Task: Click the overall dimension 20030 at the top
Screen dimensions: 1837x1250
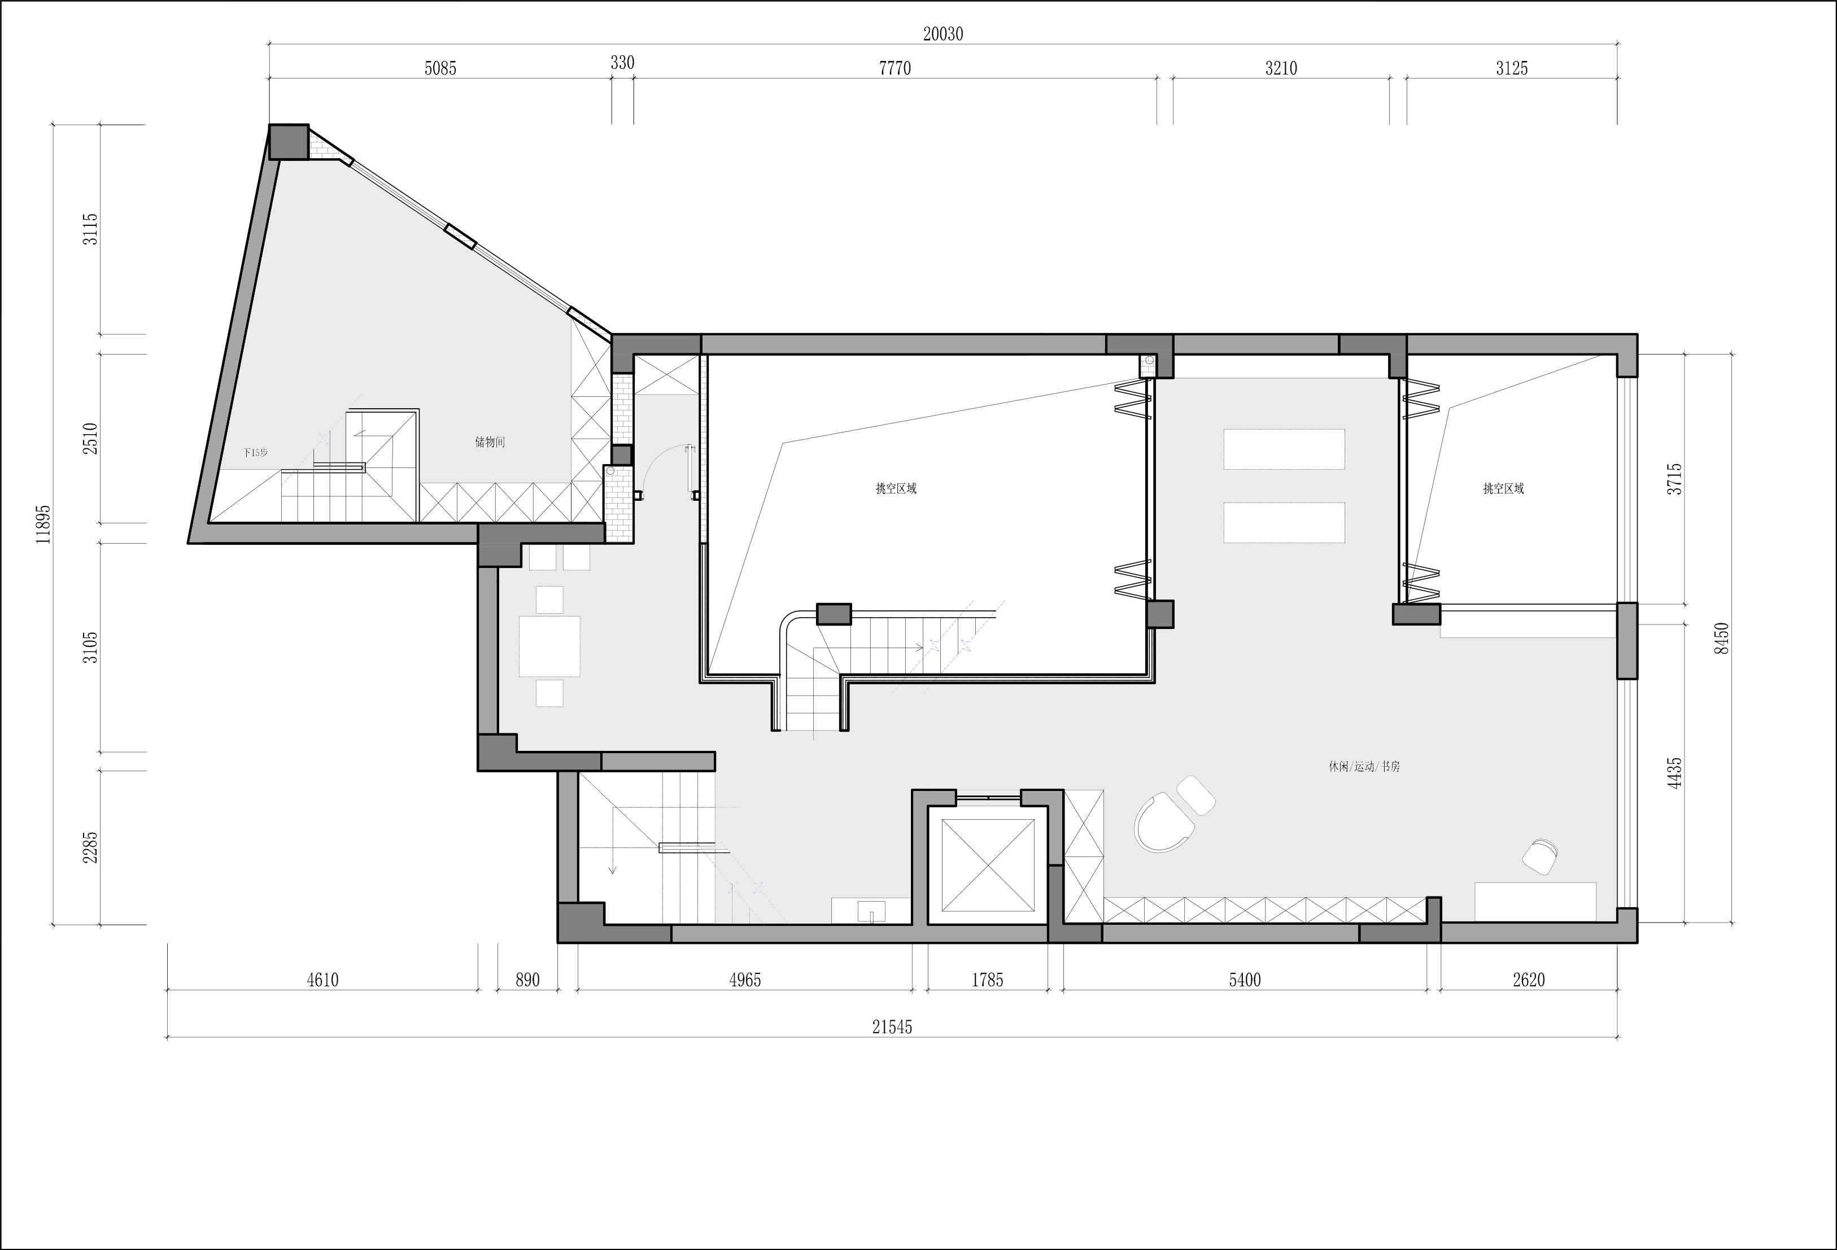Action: tap(943, 34)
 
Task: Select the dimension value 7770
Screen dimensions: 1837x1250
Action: tap(895, 69)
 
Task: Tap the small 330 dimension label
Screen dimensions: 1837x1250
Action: tap(622, 63)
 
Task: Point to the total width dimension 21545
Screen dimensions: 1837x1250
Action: tap(892, 1026)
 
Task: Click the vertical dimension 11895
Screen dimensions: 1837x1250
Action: tap(43, 524)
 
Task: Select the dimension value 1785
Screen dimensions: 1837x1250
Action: tap(987, 980)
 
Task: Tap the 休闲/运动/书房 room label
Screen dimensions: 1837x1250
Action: tap(1364, 767)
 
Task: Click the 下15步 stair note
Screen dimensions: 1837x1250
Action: tap(255, 453)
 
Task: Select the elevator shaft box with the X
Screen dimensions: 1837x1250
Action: tap(988, 865)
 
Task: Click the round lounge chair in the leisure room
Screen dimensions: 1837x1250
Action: tap(1163, 823)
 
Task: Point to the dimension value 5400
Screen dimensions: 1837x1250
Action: tap(1245, 980)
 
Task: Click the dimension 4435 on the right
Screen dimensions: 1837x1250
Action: tap(1674, 773)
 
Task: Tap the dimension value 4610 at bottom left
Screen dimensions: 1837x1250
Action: tap(322, 980)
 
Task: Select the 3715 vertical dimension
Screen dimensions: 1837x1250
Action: tap(1674, 479)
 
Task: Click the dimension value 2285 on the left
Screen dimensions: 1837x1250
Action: tap(91, 847)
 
